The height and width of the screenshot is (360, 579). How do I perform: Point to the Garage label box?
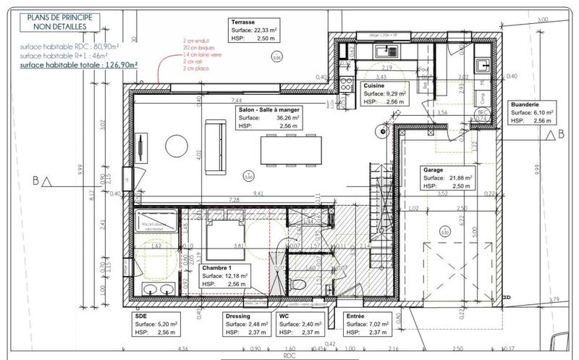click(448, 177)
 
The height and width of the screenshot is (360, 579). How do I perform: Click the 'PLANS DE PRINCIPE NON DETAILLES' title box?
click(59, 21)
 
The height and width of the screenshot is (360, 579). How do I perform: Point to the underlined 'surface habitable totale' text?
click(79, 64)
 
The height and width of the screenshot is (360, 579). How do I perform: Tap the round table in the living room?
click(177, 146)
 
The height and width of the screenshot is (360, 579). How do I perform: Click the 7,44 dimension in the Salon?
click(236, 100)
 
